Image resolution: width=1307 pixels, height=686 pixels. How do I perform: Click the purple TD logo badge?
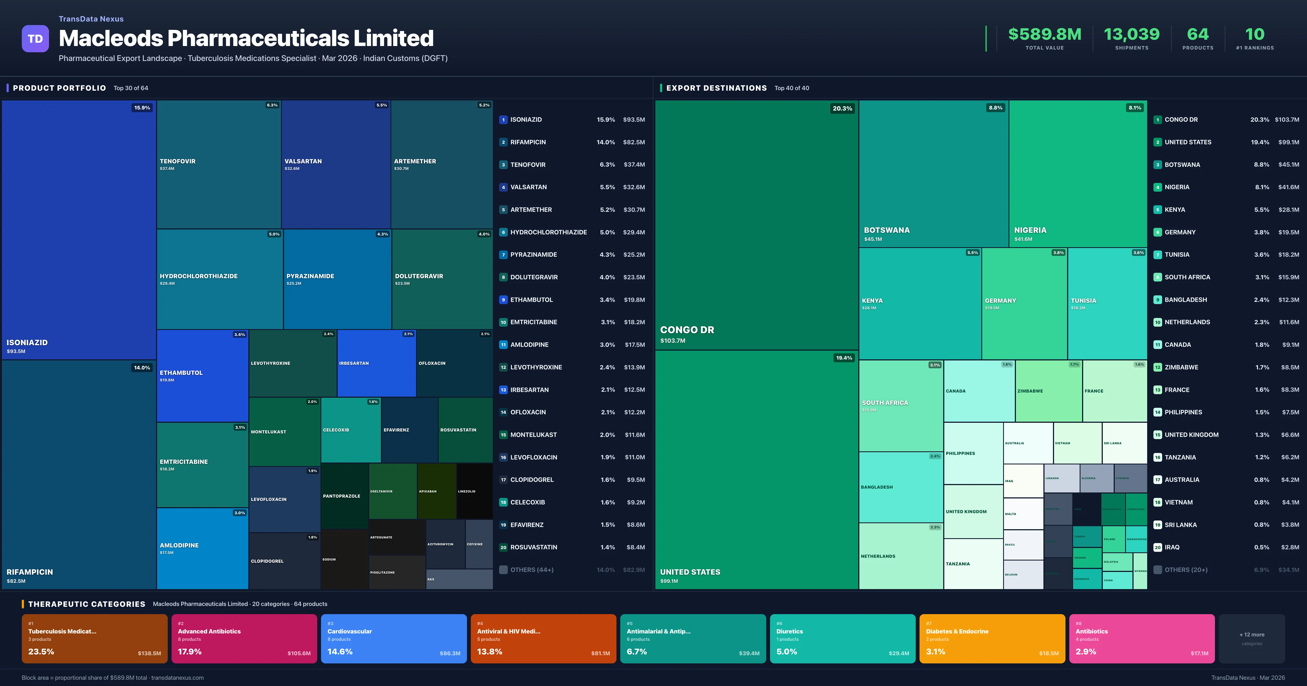(35, 39)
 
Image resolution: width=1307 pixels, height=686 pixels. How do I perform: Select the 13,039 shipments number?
(1131, 35)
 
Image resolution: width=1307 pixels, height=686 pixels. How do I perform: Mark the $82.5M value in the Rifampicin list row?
(634, 142)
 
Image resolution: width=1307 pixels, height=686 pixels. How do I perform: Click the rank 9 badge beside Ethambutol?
(503, 300)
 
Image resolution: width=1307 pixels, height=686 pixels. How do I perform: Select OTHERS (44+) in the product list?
(532, 570)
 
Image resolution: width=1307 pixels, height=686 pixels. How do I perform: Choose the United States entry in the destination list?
(1188, 142)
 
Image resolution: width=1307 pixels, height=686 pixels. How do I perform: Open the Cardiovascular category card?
(394, 638)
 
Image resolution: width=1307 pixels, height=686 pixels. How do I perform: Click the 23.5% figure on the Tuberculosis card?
(41, 651)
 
